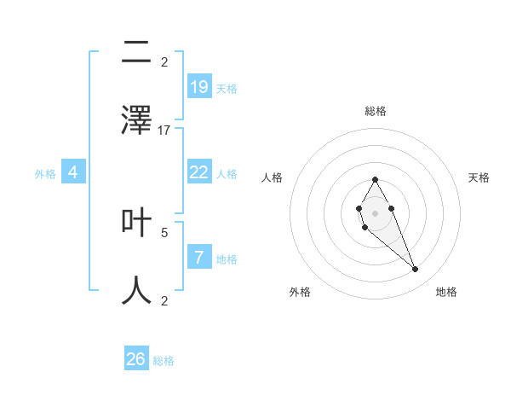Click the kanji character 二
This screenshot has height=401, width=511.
click(x=136, y=53)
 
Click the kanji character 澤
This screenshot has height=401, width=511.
click(x=136, y=119)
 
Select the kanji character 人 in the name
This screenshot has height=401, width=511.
click(x=136, y=290)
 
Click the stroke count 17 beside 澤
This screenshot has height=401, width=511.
click(x=164, y=131)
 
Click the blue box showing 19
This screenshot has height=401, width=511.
click(x=199, y=86)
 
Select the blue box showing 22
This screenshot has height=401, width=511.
click(x=199, y=172)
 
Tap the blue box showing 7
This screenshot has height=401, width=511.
click(x=199, y=258)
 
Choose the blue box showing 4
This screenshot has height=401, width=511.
click(x=73, y=172)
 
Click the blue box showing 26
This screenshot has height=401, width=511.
click(x=136, y=359)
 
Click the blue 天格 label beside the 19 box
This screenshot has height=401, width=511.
click(x=227, y=88)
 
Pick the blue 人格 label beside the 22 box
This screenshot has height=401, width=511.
click(x=227, y=174)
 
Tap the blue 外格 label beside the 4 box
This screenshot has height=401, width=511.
click(x=45, y=174)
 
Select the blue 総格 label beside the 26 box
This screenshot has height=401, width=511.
click(x=164, y=361)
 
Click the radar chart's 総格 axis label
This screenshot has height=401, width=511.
click(x=375, y=111)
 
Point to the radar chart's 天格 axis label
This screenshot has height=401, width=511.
click(x=479, y=177)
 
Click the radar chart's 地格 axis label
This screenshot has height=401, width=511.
click(x=446, y=292)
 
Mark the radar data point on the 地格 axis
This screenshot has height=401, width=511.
click(x=416, y=270)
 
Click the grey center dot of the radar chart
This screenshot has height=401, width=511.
click(x=375, y=212)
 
